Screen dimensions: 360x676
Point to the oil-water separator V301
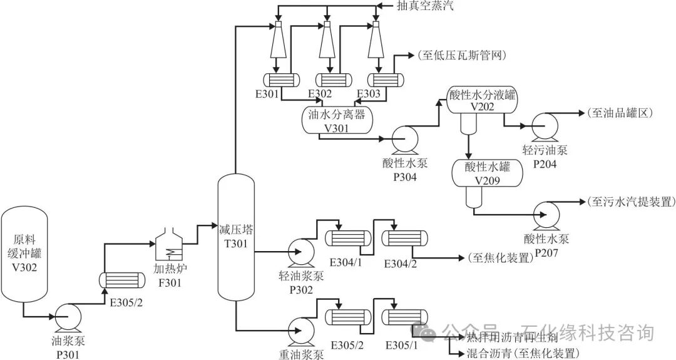click(336, 121)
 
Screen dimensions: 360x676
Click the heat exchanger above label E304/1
click(346, 239)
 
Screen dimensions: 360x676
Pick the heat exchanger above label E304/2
click(405, 239)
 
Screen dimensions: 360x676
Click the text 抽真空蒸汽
click(426, 6)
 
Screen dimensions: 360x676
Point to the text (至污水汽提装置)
click(630, 202)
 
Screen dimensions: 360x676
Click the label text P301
click(68, 354)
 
